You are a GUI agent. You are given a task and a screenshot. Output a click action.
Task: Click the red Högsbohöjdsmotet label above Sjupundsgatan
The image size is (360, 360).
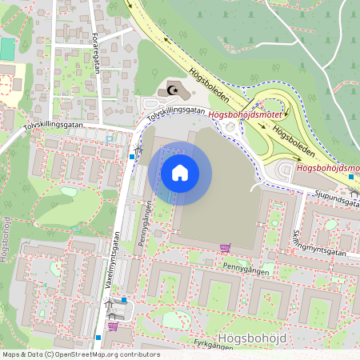[327, 168]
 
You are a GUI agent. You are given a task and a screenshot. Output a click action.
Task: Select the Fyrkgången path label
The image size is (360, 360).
[209, 342]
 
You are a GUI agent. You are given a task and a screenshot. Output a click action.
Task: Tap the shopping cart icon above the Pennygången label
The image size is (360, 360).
[226, 248]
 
